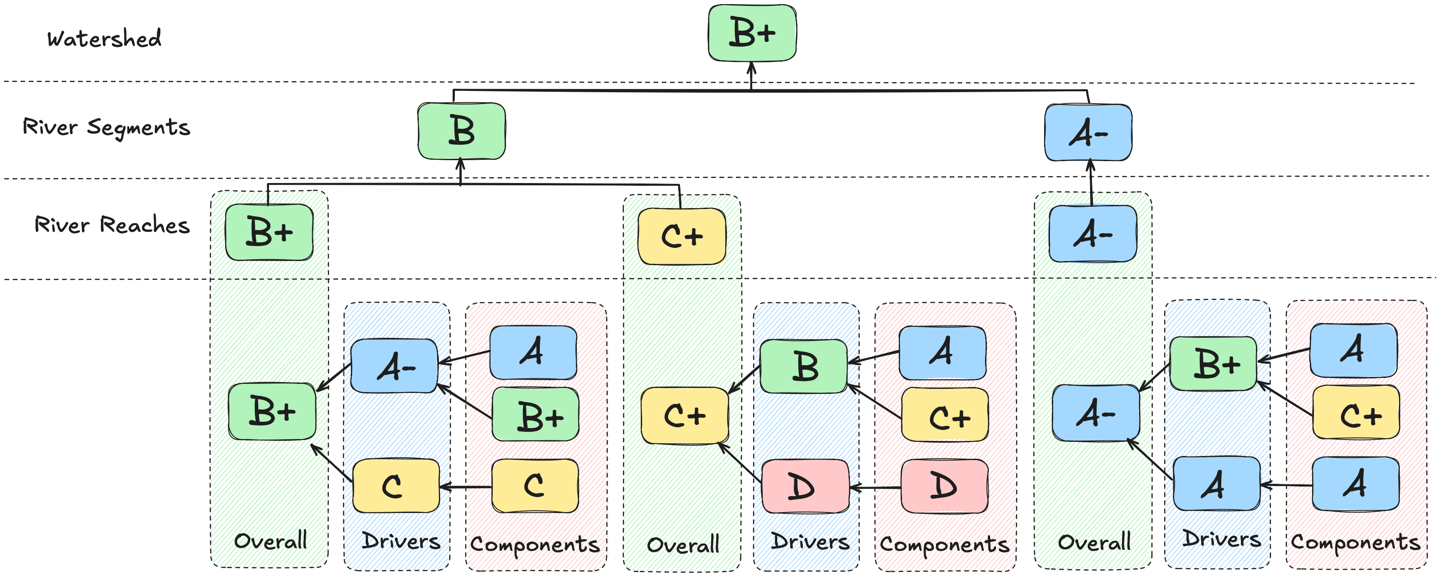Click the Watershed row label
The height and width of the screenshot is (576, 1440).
pos(104,38)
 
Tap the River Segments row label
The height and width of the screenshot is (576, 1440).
pos(106,127)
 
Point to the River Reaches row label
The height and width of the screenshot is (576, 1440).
pos(112,225)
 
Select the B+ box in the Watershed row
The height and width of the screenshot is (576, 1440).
pos(752,32)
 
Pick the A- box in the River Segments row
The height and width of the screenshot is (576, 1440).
pos(1088,133)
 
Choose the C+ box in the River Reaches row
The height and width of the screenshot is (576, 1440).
pos(681,236)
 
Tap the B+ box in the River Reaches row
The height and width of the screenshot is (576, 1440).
pos(269,232)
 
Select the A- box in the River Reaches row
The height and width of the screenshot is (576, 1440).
pos(1092,234)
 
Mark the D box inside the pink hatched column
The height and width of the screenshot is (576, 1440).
pos(944,486)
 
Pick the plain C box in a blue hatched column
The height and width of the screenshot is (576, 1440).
pos(395,486)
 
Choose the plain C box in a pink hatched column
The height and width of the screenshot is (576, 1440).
pos(534,486)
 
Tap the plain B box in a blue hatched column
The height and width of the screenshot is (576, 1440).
pos(803,367)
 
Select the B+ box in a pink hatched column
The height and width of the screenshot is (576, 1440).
pos(535,415)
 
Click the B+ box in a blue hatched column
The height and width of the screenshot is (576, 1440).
pos(1213,364)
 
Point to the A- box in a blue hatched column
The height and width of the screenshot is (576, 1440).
pos(394,367)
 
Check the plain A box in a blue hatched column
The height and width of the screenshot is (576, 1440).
pos(1216,484)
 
